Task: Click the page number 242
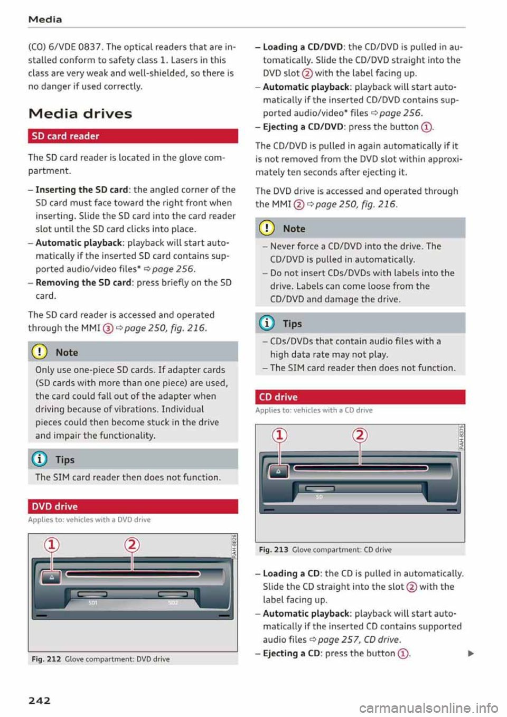tap(40, 700)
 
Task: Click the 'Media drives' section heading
tap(80, 114)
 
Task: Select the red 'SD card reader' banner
tap(133, 136)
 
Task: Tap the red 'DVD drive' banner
tap(133, 506)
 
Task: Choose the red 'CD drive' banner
tap(360, 397)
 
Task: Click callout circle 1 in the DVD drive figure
tap(52, 544)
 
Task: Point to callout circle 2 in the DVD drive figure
tap(132, 544)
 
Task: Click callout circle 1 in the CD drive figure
tap(279, 435)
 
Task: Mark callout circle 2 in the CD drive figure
tap(360, 435)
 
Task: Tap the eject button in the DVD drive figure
tap(52, 578)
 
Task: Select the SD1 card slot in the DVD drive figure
tap(93, 594)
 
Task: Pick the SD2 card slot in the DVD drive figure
tap(173, 594)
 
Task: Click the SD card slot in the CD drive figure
tap(320, 488)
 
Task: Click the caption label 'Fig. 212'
tap(46, 659)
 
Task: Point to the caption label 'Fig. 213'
tap(274, 550)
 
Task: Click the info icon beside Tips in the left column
tap(40, 459)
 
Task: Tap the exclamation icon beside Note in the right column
tap(268, 228)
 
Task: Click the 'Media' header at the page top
tap(45, 20)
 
